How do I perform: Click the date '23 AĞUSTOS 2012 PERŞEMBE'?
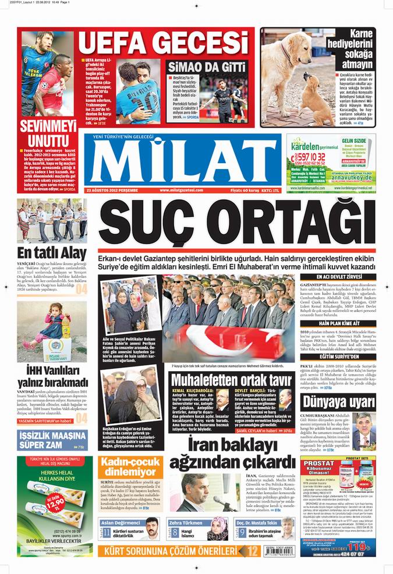[112, 190]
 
